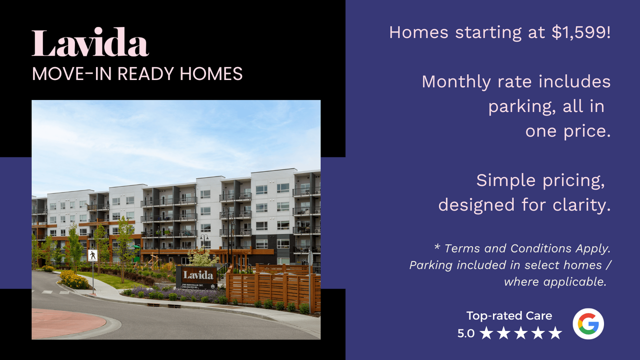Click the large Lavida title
[90, 42]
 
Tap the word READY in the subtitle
[145, 73]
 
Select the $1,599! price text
[581, 32]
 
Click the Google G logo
[588, 323]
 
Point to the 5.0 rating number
[465, 333]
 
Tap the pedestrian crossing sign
[92, 255]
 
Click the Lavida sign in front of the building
[196, 277]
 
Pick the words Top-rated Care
[509, 315]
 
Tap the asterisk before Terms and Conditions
[437, 246]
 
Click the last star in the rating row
[555, 333]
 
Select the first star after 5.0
[486, 333]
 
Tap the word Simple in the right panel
[505, 180]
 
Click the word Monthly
[456, 82]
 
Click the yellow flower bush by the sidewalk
[73, 280]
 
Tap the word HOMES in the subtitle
[211, 73]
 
